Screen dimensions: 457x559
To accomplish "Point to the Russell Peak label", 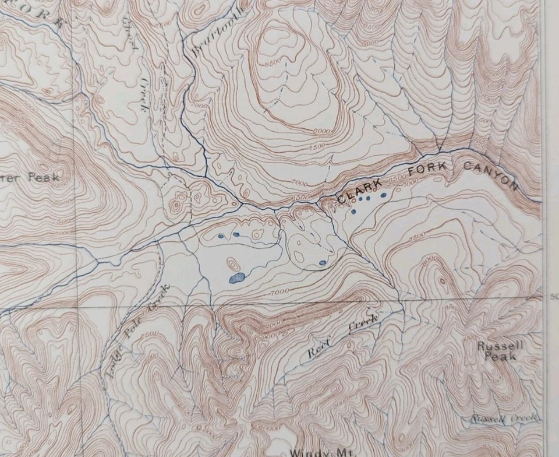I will (492, 351).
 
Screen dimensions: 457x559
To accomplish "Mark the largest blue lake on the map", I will (236, 278).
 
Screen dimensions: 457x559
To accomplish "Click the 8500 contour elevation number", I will (271, 61).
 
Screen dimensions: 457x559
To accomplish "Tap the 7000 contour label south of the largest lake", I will (279, 290).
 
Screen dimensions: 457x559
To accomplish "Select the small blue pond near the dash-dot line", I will (322, 263).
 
